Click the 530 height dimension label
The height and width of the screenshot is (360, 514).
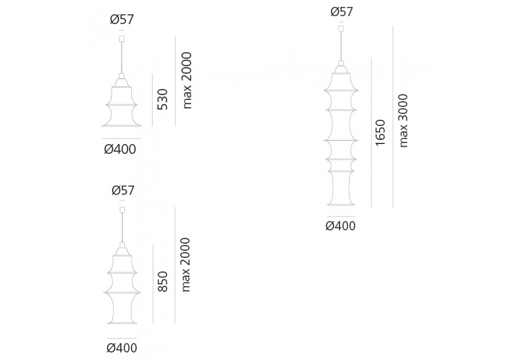[x=162, y=99]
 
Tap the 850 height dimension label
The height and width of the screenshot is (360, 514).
[x=162, y=282]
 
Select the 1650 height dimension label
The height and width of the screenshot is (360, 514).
[x=380, y=133]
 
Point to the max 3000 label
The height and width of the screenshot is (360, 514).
[x=402, y=121]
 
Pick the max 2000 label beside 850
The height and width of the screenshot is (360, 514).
[x=186, y=264]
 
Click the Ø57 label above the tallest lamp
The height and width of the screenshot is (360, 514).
[x=342, y=12]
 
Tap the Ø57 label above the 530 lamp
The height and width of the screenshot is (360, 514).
[x=122, y=20]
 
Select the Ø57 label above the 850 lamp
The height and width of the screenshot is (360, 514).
[x=123, y=190]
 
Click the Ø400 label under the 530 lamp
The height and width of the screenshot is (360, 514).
[x=120, y=150]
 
